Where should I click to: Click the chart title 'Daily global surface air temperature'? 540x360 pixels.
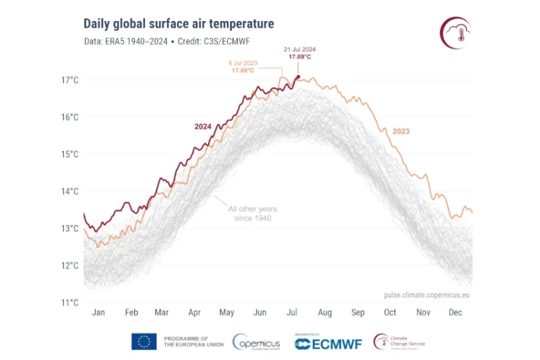click(179, 25)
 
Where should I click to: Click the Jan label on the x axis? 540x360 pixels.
click(99, 312)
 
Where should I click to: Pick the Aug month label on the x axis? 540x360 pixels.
click(324, 312)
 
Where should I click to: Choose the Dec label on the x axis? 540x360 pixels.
click(456, 312)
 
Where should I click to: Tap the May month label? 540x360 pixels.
click(226, 312)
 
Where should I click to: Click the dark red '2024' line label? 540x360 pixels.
click(203, 127)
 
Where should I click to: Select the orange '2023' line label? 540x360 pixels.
click(401, 131)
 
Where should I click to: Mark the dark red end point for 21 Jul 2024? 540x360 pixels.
click(298, 77)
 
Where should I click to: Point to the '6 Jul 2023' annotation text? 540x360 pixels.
click(243, 63)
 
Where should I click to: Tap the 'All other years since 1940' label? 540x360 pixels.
click(252, 214)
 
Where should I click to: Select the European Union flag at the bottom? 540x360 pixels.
click(143, 342)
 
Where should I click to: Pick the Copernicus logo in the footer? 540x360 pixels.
click(257, 342)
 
